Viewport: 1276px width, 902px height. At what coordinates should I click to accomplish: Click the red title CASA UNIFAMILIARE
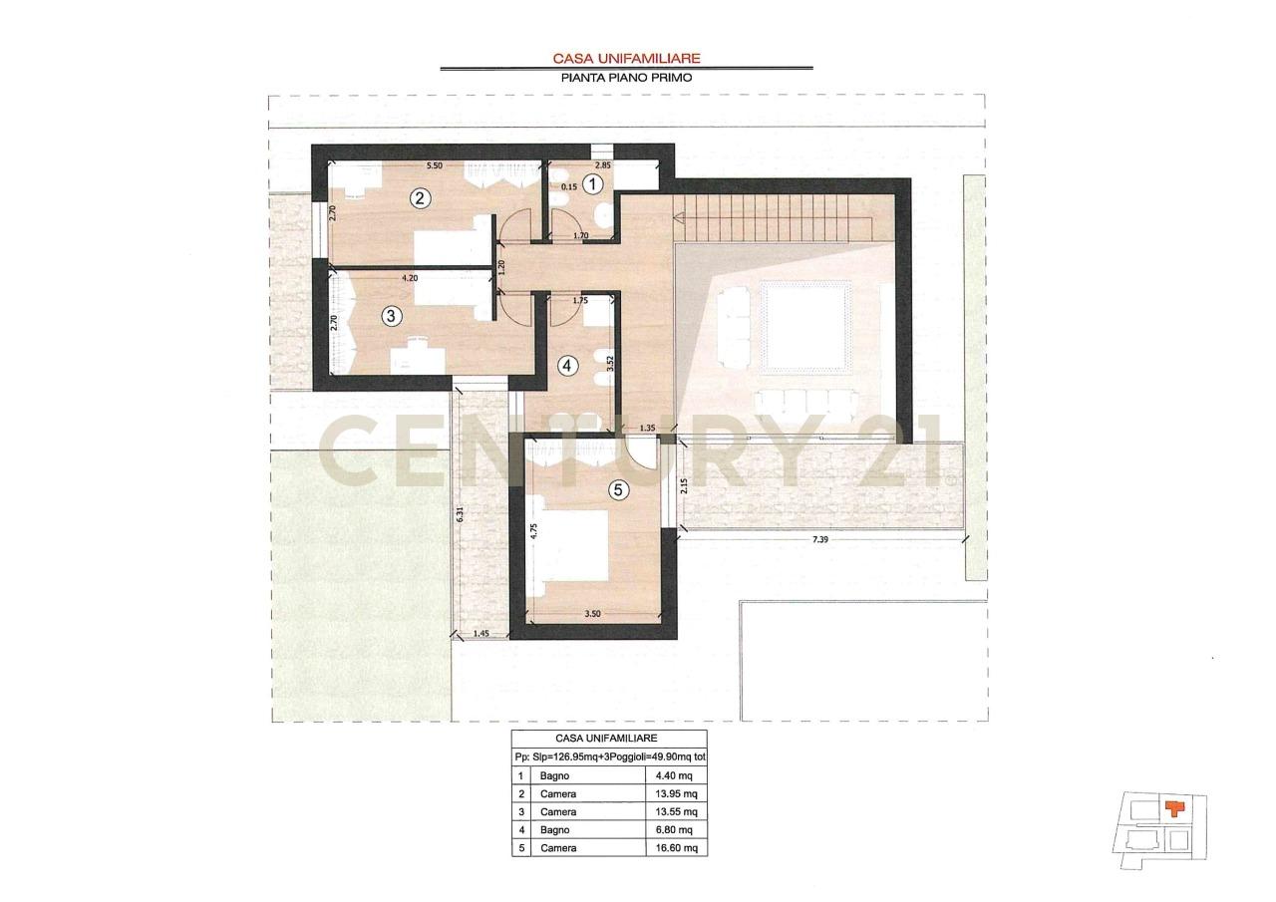[x=627, y=58]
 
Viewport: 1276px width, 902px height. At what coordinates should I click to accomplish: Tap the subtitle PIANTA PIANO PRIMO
[x=627, y=78]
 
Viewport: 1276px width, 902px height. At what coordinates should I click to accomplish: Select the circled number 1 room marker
[x=593, y=184]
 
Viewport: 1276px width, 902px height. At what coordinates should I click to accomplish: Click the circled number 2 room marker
[x=420, y=198]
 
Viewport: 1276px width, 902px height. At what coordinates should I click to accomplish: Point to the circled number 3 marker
[x=391, y=316]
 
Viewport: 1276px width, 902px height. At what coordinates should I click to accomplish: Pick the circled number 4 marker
[x=566, y=366]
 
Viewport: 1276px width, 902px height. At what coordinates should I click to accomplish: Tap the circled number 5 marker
[x=619, y=489]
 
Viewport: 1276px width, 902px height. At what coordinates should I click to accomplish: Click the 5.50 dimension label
[x=435, y=165]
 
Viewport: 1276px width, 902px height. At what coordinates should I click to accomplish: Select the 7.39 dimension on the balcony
[x=820, y=539]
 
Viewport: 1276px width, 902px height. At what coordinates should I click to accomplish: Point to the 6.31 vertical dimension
[x=461, y=514]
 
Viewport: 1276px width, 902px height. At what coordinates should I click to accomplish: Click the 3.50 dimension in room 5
[x=592, y=614]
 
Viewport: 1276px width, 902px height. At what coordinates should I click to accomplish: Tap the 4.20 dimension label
[x=410, y=278]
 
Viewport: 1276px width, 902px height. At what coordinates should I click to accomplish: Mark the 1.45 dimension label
[x=480, y=633]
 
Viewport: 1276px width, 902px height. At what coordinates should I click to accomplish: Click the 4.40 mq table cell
[x=674, y=775]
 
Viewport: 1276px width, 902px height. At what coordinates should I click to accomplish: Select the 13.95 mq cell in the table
[x=676, y=793]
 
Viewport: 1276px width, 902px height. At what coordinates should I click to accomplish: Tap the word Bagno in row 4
[x=555, y=829]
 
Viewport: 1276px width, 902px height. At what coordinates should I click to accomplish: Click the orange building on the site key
[x=1174, y=808]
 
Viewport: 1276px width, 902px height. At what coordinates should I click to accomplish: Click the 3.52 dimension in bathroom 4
[x=611, y=364]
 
